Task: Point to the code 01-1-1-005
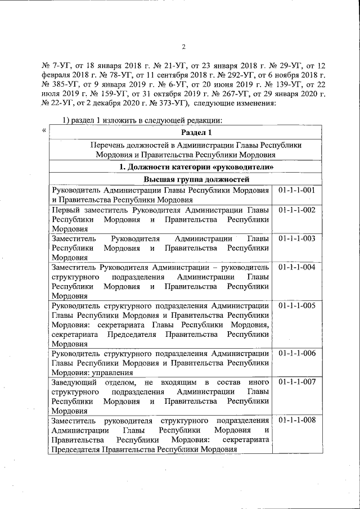point(296,306)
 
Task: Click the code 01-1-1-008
point(296,421)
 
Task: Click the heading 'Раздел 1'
point(185,133)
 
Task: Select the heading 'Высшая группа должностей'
point(185,179)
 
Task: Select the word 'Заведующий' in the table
point(73,382)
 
